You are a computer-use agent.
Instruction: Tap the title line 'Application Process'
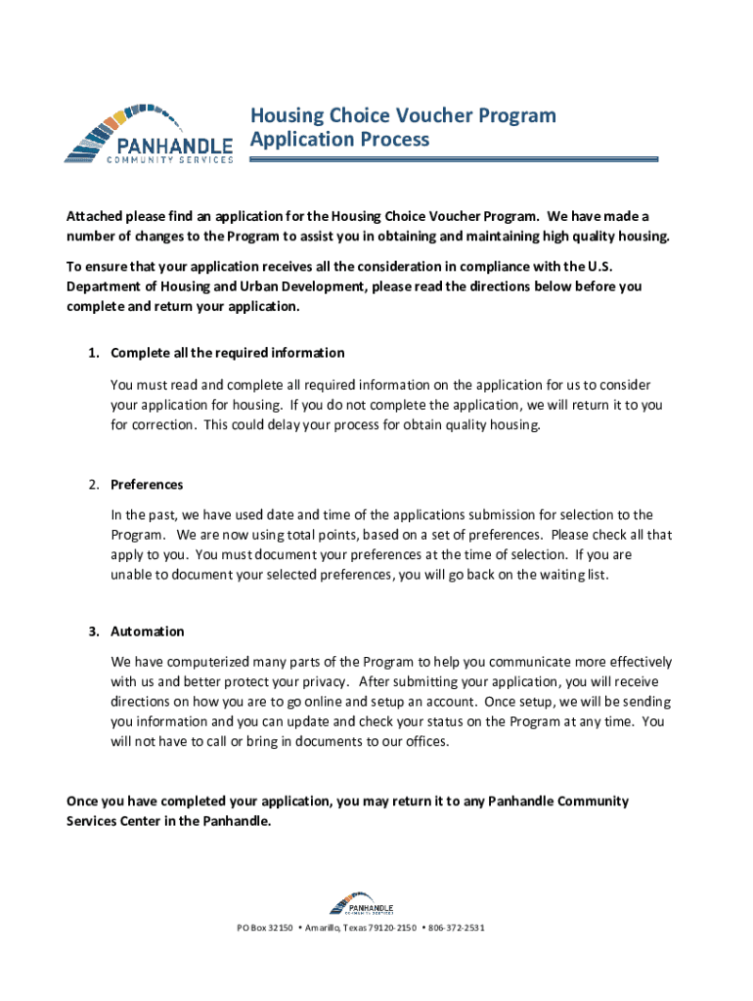pyautogui.click(x=339, y=139)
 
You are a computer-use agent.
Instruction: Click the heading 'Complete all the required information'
pyautogui.click(x=228, y=352)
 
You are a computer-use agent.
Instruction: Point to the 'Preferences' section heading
pyautogui.click(x=147, y=485)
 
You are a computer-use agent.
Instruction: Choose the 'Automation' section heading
pyautogui.click(x=148, y=631)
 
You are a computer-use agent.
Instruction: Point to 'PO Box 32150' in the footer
pyautogui.click(x=265, y=927)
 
